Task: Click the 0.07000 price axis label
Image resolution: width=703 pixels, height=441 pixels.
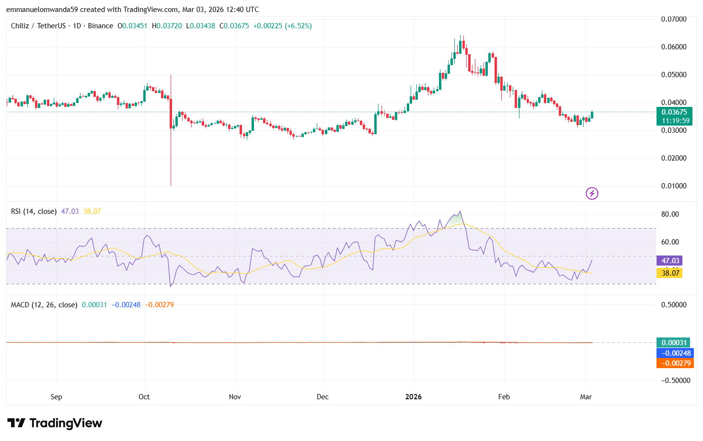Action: coord(673,19)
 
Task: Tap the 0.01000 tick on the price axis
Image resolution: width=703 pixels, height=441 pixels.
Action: coord(673,186)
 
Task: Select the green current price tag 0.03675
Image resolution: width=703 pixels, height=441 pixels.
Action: coord(674,112)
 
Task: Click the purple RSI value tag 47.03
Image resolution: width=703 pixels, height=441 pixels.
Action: coord(670,261)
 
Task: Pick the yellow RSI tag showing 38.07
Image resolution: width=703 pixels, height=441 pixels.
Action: coord(670,273)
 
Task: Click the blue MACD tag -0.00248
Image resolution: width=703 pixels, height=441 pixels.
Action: coord(675,353)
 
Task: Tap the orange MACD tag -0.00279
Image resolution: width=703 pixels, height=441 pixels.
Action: coord(675,363)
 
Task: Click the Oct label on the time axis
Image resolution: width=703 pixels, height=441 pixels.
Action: coord(144,397)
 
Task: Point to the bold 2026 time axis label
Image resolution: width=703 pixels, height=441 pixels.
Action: coord(413,397)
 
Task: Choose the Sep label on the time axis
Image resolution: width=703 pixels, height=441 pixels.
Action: coord(56,397)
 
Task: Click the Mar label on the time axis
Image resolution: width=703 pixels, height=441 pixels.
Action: coord(586,397)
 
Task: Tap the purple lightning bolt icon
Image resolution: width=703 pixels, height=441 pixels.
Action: coord(592,194)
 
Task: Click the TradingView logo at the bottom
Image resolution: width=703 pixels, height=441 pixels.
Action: coord(55,423)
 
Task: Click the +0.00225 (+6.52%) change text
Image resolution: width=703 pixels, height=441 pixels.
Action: coord(282,26)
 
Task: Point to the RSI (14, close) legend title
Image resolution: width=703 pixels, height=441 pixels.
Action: coord(34,211)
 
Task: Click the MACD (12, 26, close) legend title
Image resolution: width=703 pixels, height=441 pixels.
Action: coord(44,305)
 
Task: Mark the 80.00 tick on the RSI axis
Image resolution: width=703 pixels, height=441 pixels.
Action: coord(669,214)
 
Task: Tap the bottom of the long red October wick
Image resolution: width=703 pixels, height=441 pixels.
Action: coord(171,185)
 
